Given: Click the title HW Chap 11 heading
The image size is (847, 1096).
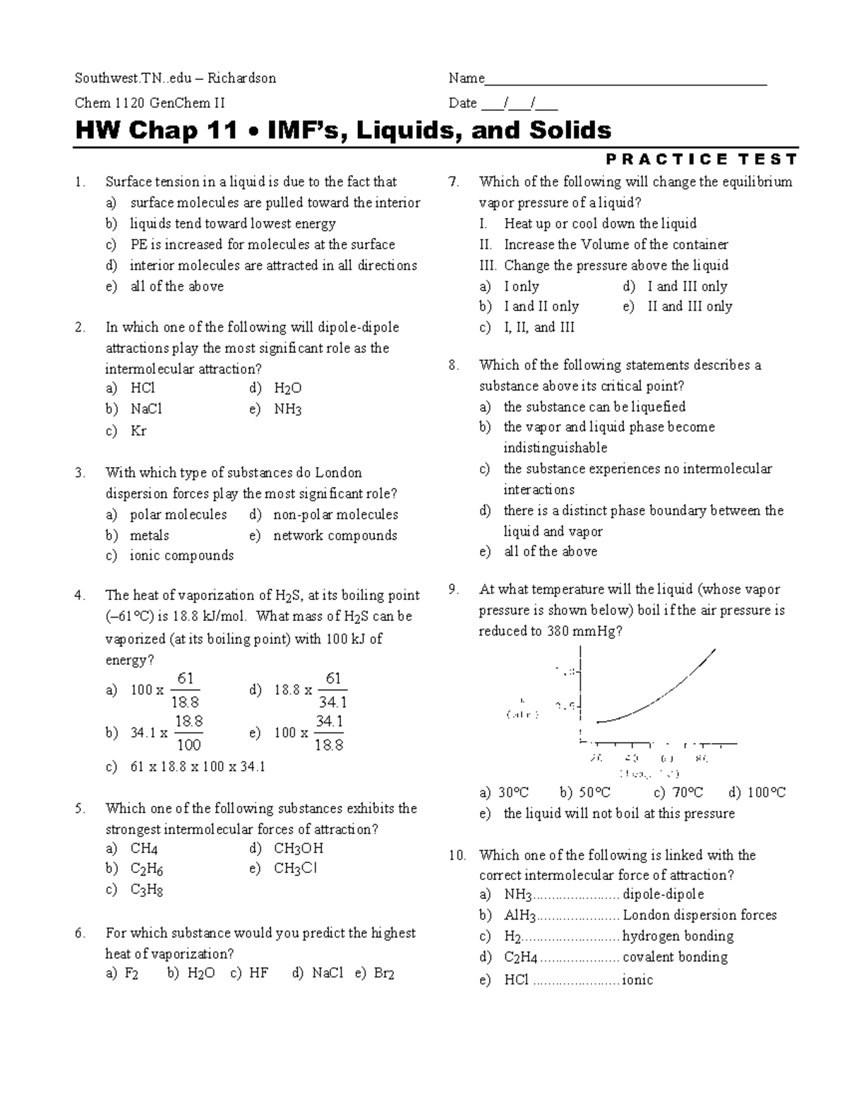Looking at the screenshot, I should pyautogui.click(x=343, y=131).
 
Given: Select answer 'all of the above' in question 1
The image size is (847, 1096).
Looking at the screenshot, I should pyautogui.click(x=176, y=287).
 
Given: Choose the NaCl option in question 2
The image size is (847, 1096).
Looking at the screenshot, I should pyautogui.click(x=146, y=409).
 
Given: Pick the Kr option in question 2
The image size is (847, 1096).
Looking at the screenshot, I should pyautogui.click(x=138, y=431).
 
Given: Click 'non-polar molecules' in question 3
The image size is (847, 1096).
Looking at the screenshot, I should pyautogui.click(x=335, y=514).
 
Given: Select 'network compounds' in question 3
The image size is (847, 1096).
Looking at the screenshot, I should pyautogui.click(x=335, y=536).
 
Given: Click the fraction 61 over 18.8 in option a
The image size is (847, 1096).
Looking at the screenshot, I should pyautogui.click(x=186, y=690).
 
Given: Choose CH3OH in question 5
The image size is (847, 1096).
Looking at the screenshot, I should pyautogui.click(x=298, y=849).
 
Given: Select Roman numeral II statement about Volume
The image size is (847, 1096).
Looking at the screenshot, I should pyautogui.click(x=615, y=245).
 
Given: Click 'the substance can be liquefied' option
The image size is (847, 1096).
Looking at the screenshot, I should pyautogui.click(x=594, y=407).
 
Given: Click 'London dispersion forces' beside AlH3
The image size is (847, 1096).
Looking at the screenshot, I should pyautogui.click(x=699, y=915).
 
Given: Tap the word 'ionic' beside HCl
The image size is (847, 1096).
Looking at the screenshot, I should pyautogui.click(x=637, y=980).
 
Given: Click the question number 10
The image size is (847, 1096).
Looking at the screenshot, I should pyautogui.click(x=457, y=855).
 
